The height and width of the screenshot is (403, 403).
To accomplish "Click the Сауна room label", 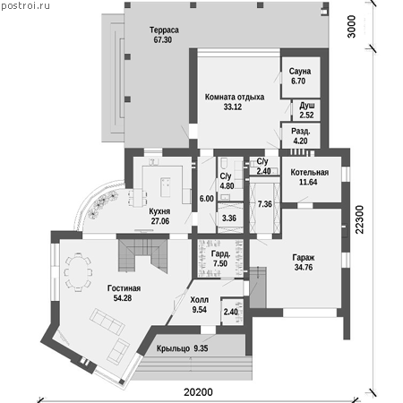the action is (x=300, y=72).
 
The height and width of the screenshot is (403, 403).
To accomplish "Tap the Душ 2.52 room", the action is (x=306, y=110).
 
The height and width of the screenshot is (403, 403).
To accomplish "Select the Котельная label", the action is (x=310, y=172).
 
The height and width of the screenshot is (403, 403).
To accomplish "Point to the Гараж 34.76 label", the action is (x=304, y=262).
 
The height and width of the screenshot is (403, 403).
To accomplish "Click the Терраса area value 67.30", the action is (x=163, y=39).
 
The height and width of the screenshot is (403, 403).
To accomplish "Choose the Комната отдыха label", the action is (x=235, y=97).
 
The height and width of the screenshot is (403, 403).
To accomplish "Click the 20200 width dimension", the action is (x=198, y=391).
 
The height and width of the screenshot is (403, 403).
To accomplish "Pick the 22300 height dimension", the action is (x=360, y=219).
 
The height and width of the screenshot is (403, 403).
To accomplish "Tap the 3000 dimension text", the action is (x=352, y=27).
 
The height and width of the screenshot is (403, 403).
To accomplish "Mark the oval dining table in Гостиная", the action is (x=78, y=272).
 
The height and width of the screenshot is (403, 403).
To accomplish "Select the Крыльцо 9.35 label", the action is (x=183, y=348).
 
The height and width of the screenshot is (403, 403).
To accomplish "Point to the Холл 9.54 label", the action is (x=200, y=304).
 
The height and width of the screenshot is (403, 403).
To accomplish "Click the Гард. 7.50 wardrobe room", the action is (x=220, y=259).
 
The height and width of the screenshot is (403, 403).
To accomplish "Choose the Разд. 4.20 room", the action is (x=301, y=135).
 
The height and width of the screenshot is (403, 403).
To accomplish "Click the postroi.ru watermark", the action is (x=26, y=5).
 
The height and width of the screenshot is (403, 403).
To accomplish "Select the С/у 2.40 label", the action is (x=263, y=166).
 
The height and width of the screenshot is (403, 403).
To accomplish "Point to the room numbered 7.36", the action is (x=265, y=204).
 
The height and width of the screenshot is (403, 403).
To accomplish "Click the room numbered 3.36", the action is (x=229, y=219).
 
